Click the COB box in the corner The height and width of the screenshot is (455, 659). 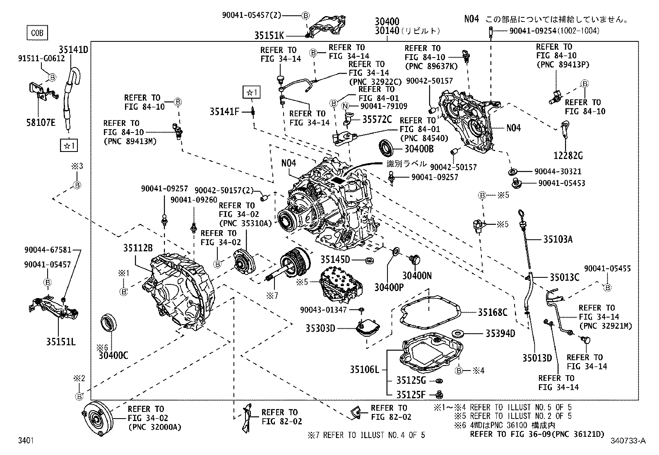pos(37,33)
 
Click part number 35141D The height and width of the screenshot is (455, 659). pos(73,50)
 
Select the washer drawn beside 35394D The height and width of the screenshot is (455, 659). pos(458,333)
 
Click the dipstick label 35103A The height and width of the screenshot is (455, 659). pos(558,239)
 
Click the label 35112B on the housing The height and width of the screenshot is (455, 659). pos(138,248)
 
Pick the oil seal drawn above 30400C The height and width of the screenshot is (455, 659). pos(109,324)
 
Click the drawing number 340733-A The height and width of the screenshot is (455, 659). pos(628,441)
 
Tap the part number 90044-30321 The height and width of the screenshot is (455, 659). pos(558,171)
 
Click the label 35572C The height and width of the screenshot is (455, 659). pos(377,119)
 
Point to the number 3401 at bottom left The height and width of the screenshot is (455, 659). pos(26,441)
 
